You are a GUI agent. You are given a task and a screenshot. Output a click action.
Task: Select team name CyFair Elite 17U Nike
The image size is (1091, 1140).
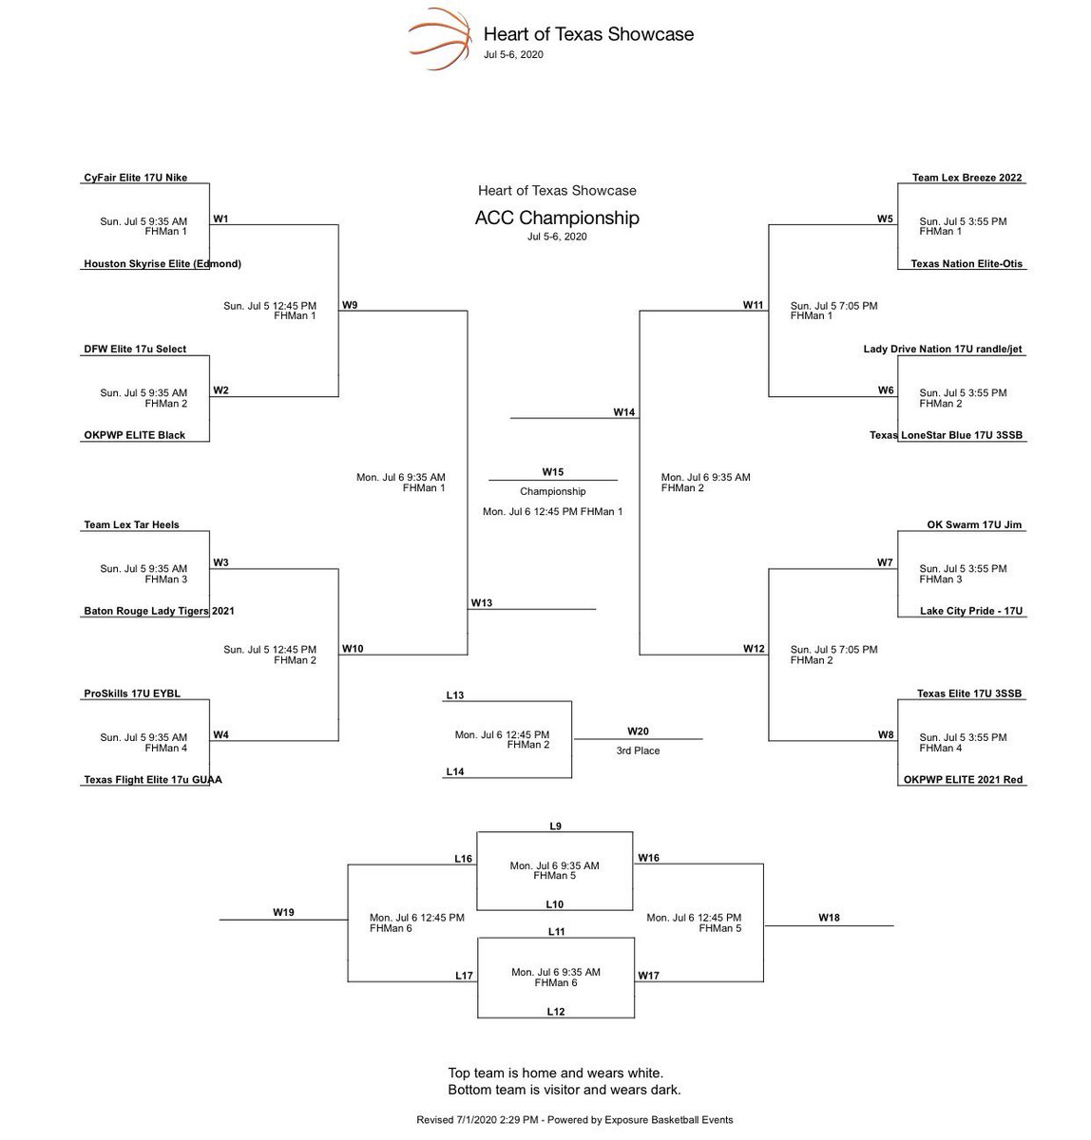point(136,178)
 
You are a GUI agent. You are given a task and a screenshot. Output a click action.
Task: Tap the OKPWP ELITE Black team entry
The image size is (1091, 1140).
point(134,435)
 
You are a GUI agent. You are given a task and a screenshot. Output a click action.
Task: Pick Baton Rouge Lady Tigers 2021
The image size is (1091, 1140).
point(159,611)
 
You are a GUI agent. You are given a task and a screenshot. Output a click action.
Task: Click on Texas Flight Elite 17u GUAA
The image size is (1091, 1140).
point(153,780)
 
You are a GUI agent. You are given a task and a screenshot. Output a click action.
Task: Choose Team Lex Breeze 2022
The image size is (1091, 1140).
point(967,178)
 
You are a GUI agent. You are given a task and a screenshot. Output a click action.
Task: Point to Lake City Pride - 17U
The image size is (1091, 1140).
point(971,611)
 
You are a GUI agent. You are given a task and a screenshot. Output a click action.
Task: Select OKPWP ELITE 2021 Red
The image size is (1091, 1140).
point(964,780)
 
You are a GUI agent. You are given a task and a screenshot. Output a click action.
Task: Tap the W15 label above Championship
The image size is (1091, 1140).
point(553,472)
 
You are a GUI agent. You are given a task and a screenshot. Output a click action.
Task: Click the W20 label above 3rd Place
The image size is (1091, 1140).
point(638,731)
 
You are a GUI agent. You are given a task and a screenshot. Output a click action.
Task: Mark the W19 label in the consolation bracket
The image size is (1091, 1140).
point(283,912)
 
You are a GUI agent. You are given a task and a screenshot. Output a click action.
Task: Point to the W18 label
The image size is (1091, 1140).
point(829,918)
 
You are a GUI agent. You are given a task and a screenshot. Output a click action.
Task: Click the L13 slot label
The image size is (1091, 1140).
point(455,695)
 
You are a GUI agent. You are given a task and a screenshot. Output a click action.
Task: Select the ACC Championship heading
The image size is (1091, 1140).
point(557,218)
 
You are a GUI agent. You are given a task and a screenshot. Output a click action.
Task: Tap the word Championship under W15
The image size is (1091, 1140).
point(553,492)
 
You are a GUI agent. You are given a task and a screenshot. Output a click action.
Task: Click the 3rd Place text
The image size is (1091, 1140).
point(638,750)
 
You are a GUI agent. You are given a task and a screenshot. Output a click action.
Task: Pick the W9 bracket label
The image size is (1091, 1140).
point(351,305)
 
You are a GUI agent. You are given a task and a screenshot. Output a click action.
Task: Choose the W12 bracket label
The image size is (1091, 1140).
point(754,649)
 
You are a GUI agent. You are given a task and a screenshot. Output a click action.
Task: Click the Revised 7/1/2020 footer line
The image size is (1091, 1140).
point(574,1120)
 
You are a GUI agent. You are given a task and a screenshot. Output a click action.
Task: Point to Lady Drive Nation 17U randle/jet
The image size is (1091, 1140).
point(943,350)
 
